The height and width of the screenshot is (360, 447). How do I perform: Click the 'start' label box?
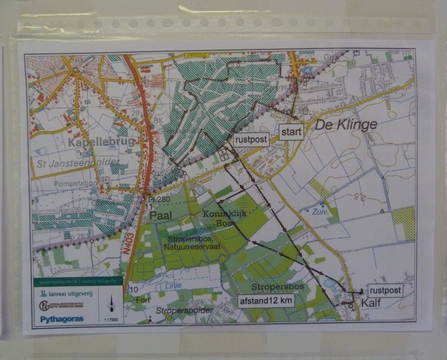pyautogui.click(x=291, y=133)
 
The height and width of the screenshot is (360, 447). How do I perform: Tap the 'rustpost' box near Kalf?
pyautogui.click(x=385, y=291)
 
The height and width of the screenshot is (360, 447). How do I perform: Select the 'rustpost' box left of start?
pyautogui.click(x=251, y=139)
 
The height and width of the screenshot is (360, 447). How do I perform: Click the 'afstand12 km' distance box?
pyautogui.click(x=266, y=300)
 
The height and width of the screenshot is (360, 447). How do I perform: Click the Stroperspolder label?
pyautogui.click(x=185, y=309)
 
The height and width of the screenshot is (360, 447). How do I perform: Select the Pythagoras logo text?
pyautogui.click(x=62, y=319)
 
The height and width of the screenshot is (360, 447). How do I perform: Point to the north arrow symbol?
pyautogui.click(x=111, y=302)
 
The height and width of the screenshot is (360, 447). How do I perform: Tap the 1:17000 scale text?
pyautogui.click(x=111, y=319)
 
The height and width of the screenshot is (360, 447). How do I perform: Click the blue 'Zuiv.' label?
pyautogui.click(x=321, y=211)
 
